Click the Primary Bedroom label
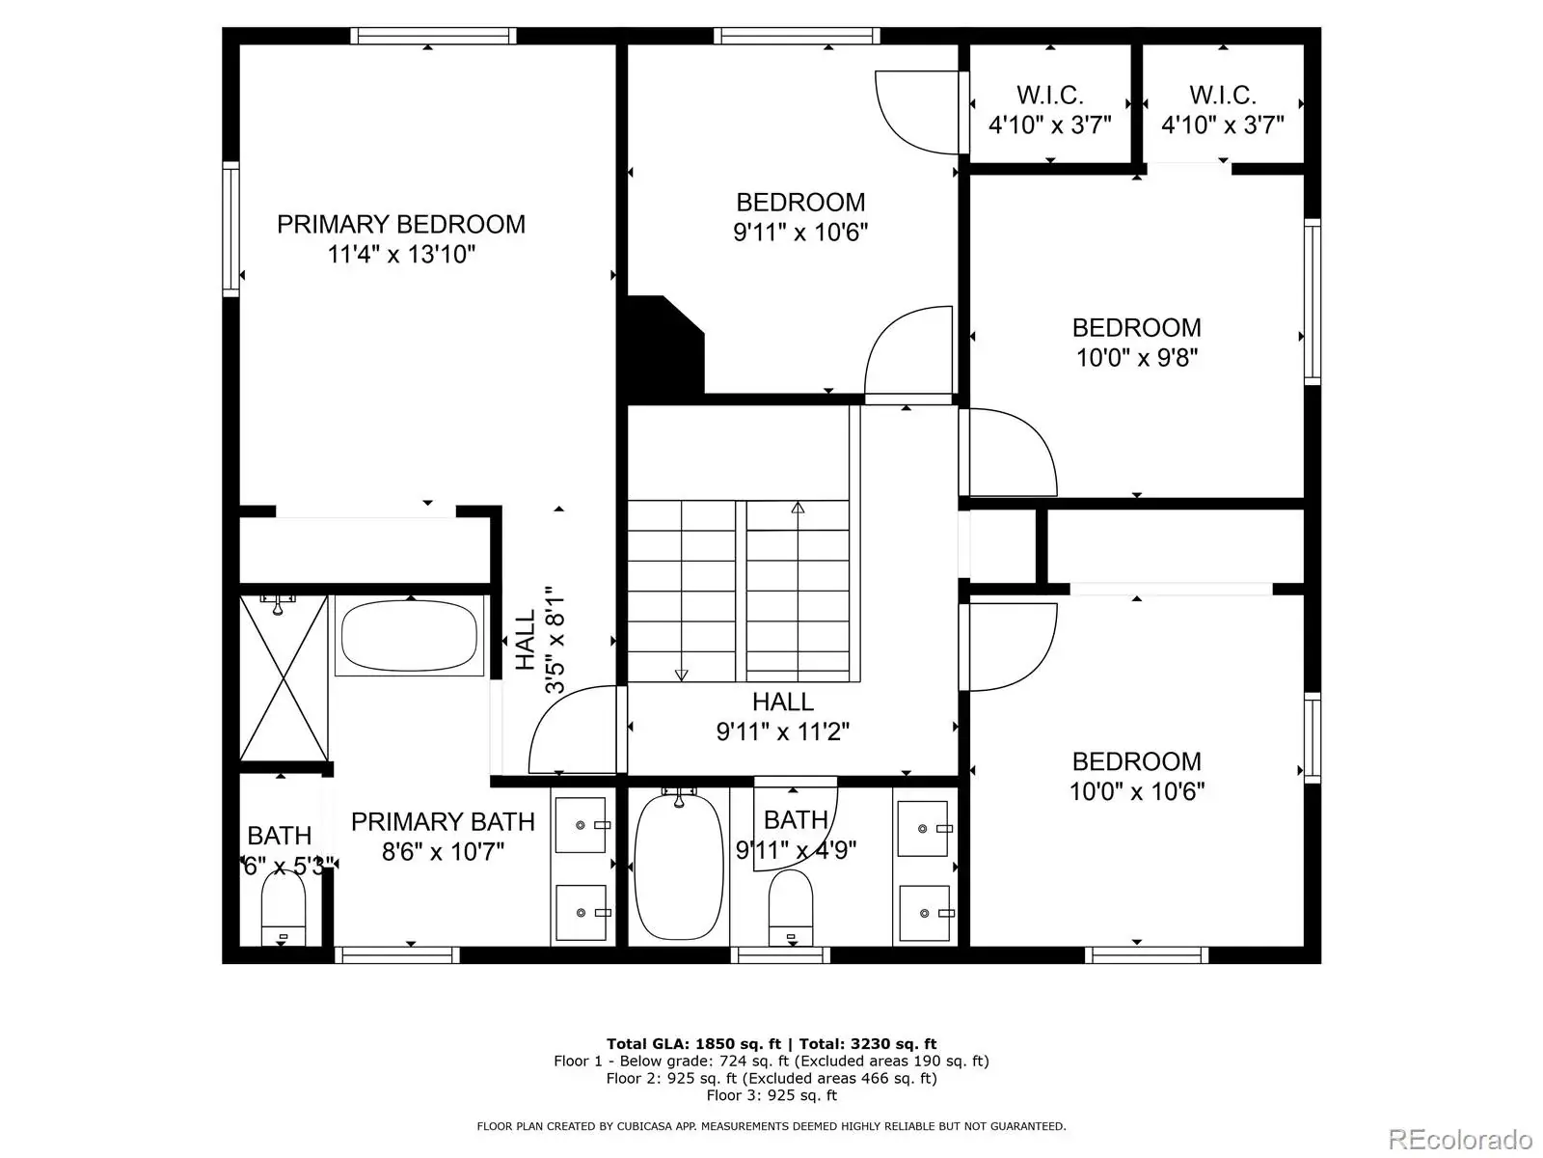(x=400, y=224)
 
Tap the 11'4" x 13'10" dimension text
(x=401, y=254)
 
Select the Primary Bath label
(x=443, y=821)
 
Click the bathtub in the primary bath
(x=409, y=636)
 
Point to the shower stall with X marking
(x=284, y=677)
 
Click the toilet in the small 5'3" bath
(x=284, y=908)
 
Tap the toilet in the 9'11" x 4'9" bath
(x=791, y=908)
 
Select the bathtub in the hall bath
(x=678, y=866)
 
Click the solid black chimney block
(x=664, y=348)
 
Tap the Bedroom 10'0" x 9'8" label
(x=1137, y=343)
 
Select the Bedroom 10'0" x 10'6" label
(x=1137, y=776)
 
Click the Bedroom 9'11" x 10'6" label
(x=800, y=217)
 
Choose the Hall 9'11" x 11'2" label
(x=783, y=716)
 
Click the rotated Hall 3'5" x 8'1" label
(x=541, y=640)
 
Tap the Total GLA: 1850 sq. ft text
(x=693, y=1044)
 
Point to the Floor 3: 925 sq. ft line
(x=771, y=1095)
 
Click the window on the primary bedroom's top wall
(x=433, y=36)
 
